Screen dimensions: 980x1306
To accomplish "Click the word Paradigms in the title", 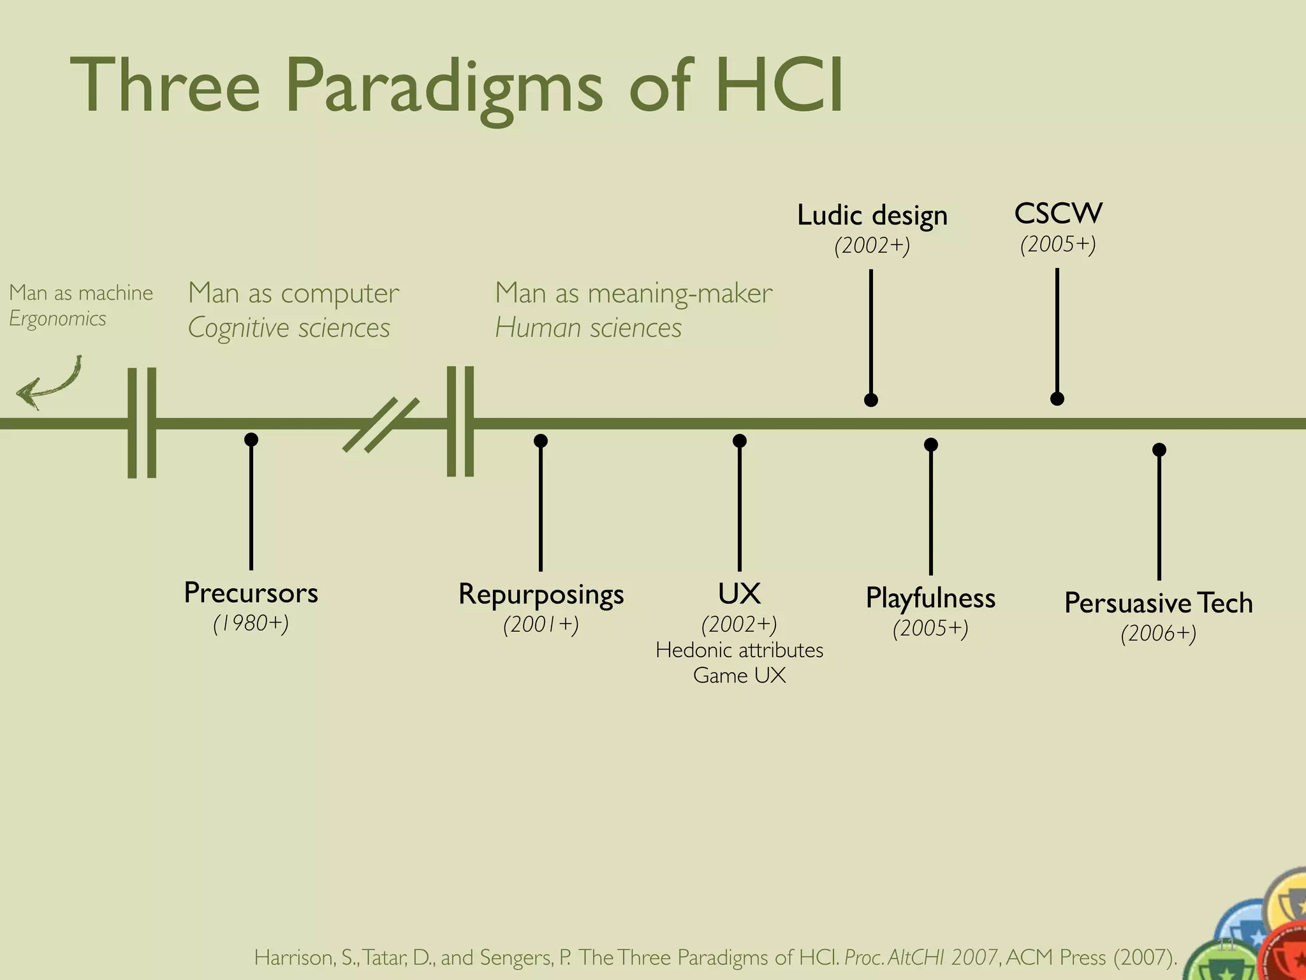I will coord(443,86).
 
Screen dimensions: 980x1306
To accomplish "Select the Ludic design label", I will coord(872,216).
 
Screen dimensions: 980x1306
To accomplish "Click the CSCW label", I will coord(1058,214).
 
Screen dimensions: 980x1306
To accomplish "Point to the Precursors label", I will coord(251,593).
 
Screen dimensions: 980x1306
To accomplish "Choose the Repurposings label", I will coord(541,594).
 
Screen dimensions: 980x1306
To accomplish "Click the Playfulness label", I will coord(930,598).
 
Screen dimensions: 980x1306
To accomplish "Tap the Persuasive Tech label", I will coord(1158,603).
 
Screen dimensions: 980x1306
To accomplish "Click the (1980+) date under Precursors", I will coord(251,623).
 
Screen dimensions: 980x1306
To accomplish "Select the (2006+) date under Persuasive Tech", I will coord(1158,634).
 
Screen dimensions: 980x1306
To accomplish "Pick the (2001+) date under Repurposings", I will coord(541,625).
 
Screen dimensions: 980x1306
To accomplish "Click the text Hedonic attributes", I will coord(739,650).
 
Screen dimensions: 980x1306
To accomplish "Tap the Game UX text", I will coord(739,676).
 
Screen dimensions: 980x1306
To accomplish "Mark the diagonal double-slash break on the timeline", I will coord(381,424).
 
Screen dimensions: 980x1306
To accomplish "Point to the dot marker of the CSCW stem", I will coord(1057,399).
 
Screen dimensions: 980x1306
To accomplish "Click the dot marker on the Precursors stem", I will coord(251,439).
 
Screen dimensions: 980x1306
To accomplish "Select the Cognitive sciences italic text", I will coord(289,328).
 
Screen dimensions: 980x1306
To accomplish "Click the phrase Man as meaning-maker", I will coord(633,293).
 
